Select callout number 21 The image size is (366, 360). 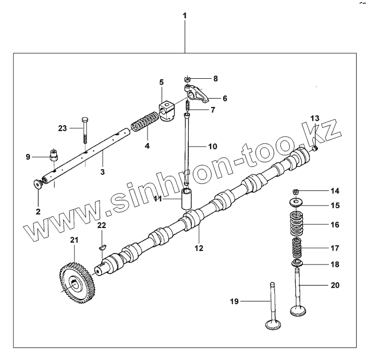point(74,239)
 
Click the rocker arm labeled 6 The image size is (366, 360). point(198,94)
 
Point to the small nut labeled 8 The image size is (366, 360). point(187,79)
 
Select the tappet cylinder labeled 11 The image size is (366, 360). point(188,200)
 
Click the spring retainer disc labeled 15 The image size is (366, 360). point(296,202)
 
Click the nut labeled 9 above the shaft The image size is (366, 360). point(53,154)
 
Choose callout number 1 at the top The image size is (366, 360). point(184,16)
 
